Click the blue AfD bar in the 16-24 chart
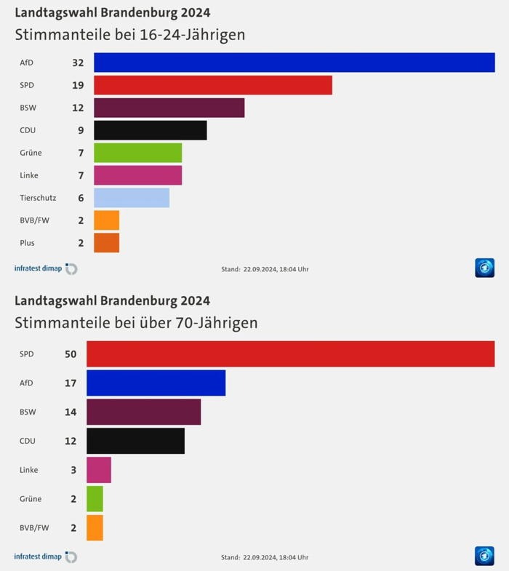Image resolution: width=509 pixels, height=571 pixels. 294,63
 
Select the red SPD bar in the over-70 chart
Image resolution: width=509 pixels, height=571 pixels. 291,354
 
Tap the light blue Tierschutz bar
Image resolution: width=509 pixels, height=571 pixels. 132,198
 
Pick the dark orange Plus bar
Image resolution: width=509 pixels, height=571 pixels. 107,243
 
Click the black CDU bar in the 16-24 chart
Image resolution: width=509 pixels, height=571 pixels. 151,130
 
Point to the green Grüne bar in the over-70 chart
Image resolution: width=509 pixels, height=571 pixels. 95,499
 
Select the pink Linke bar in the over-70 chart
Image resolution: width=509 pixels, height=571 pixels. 99,470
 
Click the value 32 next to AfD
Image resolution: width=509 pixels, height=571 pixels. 78,63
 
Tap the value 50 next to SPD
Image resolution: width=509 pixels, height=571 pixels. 71,354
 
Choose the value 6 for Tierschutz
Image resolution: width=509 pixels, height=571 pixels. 81,198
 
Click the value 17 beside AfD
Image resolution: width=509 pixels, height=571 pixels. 71,383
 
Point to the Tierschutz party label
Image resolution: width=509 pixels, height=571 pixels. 38,198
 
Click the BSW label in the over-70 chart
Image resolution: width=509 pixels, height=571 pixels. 28,412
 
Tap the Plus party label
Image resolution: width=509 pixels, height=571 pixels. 27,243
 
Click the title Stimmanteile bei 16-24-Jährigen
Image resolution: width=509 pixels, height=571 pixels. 130,35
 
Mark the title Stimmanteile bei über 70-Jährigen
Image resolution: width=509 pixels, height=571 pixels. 136,322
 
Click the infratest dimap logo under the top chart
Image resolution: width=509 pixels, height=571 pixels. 46,269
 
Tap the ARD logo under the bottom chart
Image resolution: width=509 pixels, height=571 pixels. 484,556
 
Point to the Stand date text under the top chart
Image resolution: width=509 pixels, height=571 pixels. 265,270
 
